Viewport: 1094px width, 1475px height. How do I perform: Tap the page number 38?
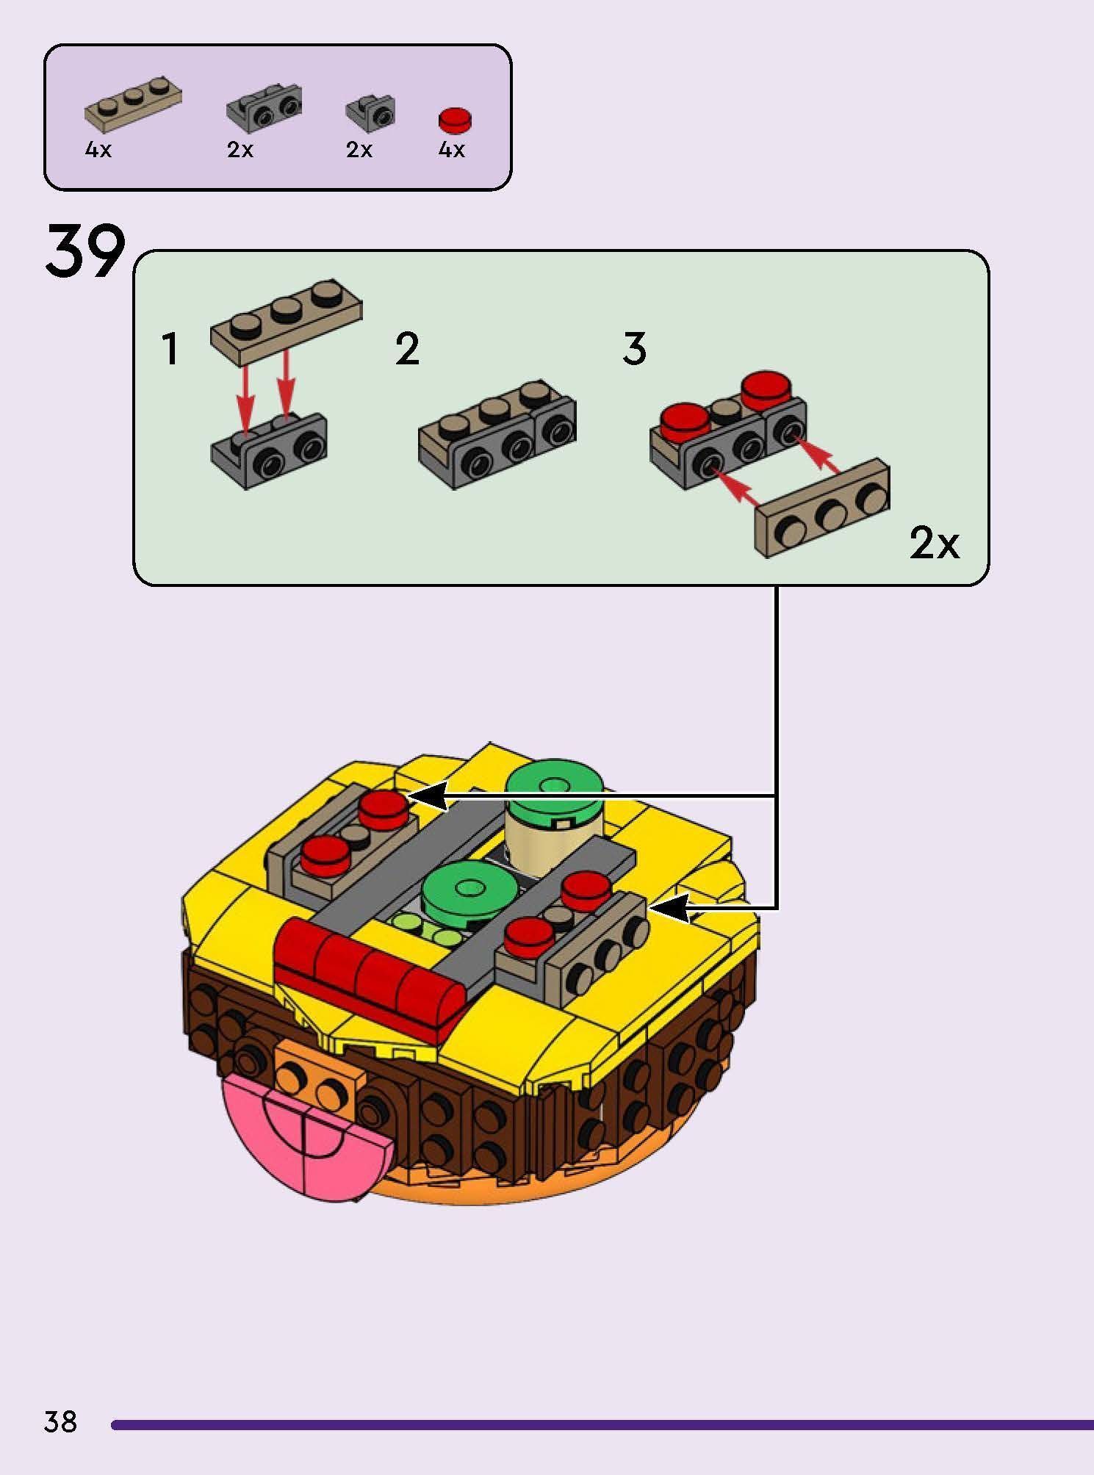click(60, 1421)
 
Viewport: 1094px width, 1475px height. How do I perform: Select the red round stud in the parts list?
click(455, 120)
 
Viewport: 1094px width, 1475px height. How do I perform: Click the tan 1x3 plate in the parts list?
click(132, 100)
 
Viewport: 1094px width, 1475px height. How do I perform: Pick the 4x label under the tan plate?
click(98, 151)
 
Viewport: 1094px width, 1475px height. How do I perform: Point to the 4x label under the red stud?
click(451, 151)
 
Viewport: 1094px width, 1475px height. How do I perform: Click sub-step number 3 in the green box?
click(634, 349)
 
